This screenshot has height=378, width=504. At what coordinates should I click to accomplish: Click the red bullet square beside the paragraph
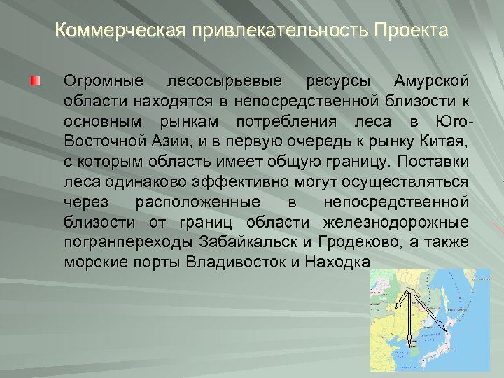pyautogui.click(x=35, y=83)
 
